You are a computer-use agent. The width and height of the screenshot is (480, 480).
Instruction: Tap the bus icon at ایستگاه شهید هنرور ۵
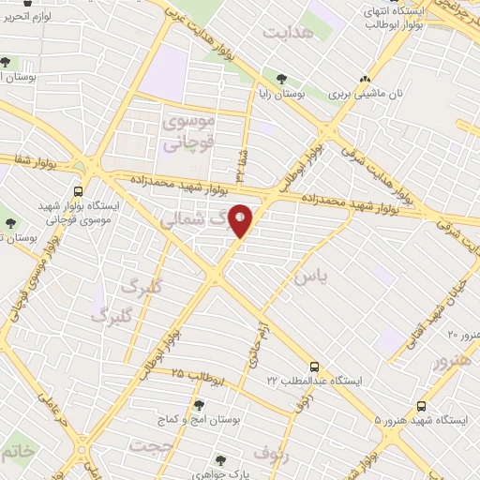pyautogui.click(x=422, y=406)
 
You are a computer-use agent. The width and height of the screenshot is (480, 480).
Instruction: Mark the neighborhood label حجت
pyautogui.click(x=153, y=444)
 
